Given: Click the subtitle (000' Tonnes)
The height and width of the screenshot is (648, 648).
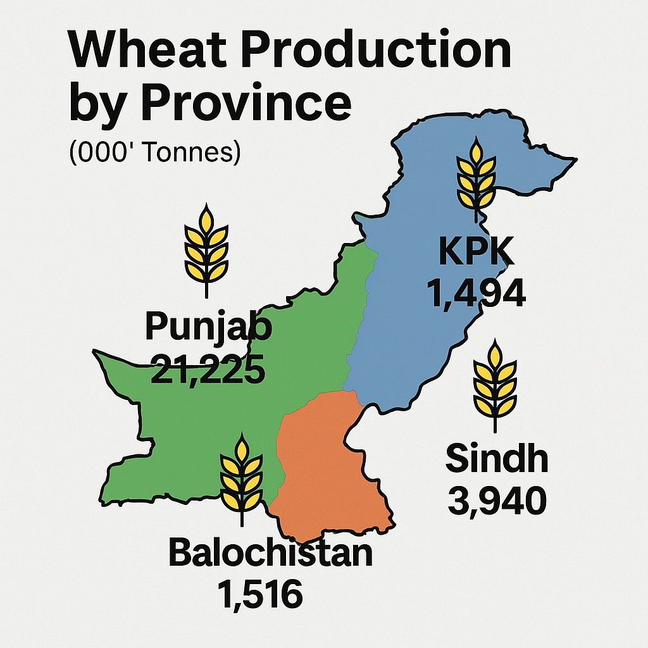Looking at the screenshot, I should pos(155,154).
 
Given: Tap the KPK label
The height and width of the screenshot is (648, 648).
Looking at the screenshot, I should pos(477,254).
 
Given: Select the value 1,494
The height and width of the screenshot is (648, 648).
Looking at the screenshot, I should pos(477,292).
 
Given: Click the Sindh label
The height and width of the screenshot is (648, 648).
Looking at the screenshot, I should pos(497,459).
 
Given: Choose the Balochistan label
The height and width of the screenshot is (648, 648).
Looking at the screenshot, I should pos(270,552).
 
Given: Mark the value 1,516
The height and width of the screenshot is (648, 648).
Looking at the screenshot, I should pos(259,594).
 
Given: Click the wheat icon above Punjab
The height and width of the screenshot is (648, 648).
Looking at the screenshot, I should pos(206,250).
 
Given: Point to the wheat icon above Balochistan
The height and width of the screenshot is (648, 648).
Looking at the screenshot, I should pos(241,480).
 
